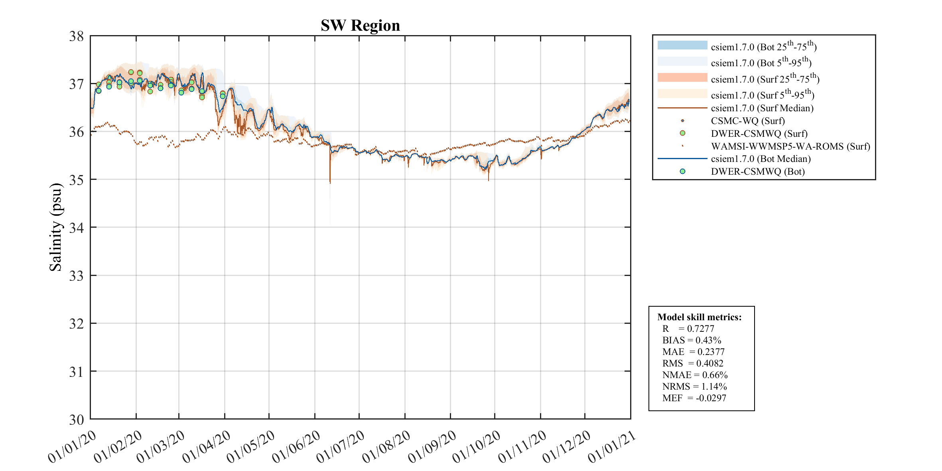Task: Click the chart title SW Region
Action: coord(360,26)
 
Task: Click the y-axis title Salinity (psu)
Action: coord(56,227)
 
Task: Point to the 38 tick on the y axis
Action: coord(77,36)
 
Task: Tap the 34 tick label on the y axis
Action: coord(77,228)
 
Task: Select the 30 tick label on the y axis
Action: coord(77,420)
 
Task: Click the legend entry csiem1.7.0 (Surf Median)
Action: coord(762,108)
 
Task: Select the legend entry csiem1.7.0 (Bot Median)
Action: coord(761,159)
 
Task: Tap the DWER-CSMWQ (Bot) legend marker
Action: coord(682,171)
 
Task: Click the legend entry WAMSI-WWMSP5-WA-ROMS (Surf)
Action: coord(790,146)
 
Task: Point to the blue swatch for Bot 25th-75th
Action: coord(682,45)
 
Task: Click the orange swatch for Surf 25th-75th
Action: coord(682,77)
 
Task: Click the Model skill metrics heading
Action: coord(700,317)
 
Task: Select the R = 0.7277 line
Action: coord(688,329)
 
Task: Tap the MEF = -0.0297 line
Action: coord(694,398)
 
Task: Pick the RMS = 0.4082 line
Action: coord(693,363)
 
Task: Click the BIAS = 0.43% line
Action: coord(692,340)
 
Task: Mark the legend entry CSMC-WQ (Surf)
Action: coord(747,121)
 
